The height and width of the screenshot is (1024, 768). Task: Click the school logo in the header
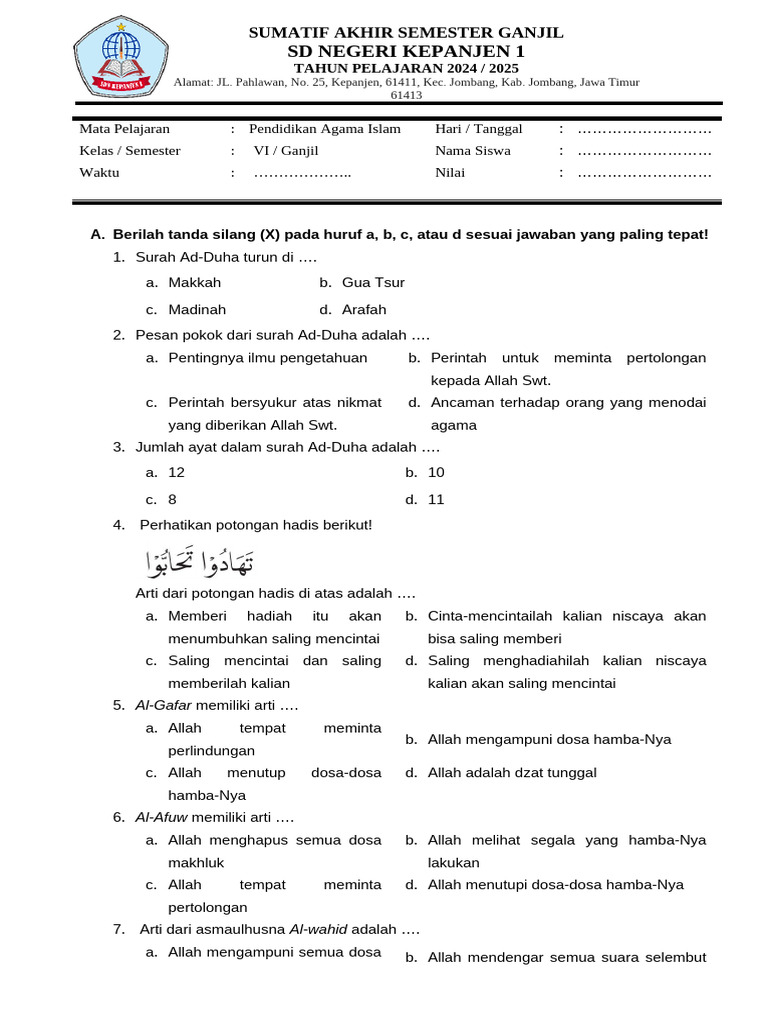(x=121, y=57)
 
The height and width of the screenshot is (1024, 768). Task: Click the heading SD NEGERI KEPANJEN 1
(x=405, y=51)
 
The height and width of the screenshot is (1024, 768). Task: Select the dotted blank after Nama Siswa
(x=644, y=151)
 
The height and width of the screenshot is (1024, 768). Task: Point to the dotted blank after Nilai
(x=644, y=173)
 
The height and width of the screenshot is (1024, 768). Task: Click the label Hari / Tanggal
(x=478, y=129)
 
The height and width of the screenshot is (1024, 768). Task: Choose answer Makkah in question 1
(x=194, y=283)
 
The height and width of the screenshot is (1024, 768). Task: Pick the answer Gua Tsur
(x=372, y=283)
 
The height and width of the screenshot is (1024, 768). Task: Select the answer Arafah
(x=363, y=310)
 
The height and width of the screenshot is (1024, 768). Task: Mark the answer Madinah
(x=197, y=310)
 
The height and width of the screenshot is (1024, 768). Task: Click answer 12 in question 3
(x=176, y=472)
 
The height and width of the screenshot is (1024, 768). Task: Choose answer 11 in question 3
(x=436, y=499)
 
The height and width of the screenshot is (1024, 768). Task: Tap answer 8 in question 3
(x=172, y=499)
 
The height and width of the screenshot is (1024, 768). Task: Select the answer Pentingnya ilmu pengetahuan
(x=267, y=358)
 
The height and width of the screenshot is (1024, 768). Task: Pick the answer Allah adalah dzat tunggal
(x=512, y=773)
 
